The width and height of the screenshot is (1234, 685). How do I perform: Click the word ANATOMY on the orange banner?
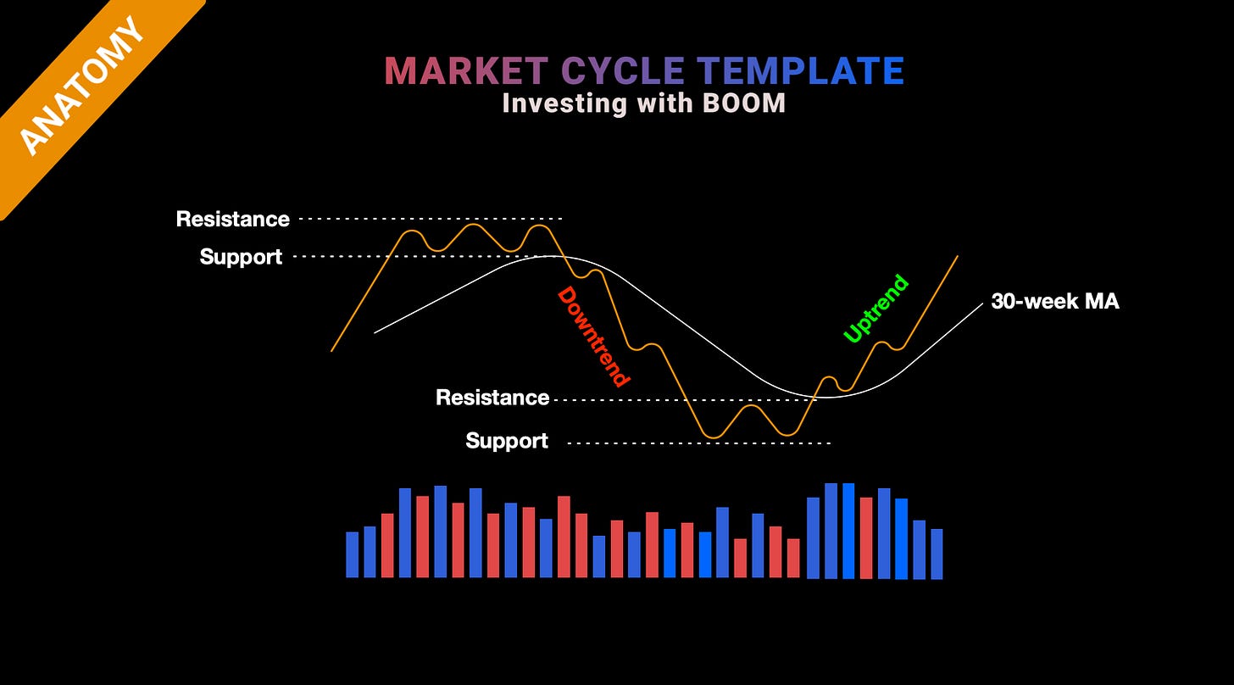click(81, 86)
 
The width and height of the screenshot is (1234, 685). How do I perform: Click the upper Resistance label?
click(232, 220)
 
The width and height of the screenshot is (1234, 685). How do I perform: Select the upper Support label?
click(241, 257)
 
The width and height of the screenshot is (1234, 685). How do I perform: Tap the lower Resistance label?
click(492, 398)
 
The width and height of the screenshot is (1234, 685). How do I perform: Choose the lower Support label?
click(507, 441)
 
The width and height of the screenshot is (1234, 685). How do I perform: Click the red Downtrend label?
click(594, 337)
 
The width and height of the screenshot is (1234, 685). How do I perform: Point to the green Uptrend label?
click(876, 309)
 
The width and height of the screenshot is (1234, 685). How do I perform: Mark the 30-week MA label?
click(1055, 302)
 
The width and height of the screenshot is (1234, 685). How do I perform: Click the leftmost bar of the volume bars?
click(353, 554)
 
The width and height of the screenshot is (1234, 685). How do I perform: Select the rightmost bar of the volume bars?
click(937, 554)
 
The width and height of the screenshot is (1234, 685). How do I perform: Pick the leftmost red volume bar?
click(387, 545)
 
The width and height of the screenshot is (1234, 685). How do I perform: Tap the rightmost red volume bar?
click(866, 537)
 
